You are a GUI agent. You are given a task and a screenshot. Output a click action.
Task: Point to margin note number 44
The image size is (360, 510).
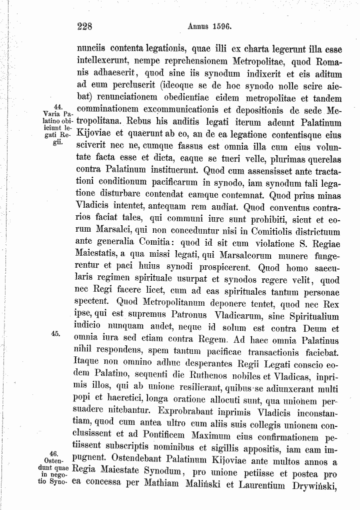click(x=56, y=105)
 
